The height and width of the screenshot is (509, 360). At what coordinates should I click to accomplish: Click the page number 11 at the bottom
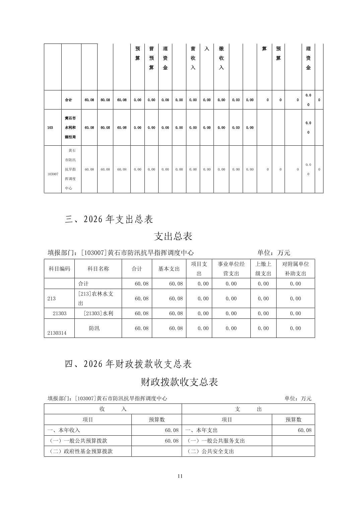coord(180,476)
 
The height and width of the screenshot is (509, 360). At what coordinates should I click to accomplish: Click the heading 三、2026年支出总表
coord(109,219)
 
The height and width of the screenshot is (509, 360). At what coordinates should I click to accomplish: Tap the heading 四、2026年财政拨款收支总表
coord(128,364)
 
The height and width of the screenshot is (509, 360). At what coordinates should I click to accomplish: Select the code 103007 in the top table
coord(53,174)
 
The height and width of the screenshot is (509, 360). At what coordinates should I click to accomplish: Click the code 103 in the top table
coord(50,128)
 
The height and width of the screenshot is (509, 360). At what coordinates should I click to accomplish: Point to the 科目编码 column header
coord(59,269)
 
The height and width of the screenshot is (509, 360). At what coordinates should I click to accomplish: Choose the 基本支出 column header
coord(169,269)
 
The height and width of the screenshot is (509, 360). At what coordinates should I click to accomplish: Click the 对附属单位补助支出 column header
coord(295,269)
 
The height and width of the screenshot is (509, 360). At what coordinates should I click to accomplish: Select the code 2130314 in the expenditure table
coord(57,333)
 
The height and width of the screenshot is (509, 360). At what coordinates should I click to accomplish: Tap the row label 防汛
coord(94,328)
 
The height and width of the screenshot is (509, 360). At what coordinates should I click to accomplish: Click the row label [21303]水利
coord(98,313)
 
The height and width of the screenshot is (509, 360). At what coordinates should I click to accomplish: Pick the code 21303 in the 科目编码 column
coord(60,313)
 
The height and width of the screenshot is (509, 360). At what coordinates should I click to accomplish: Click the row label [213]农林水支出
coord(96,298)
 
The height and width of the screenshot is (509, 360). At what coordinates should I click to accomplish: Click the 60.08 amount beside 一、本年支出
coord(304,430)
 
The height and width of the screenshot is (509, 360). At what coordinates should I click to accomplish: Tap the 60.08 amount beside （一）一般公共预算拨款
coord(172,441)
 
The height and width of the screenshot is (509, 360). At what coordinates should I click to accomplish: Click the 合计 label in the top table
coord(68,100)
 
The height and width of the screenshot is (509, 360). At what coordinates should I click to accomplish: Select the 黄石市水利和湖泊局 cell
coord(70,128)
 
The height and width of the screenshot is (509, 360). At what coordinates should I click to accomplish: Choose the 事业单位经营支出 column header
coord(231,269)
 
